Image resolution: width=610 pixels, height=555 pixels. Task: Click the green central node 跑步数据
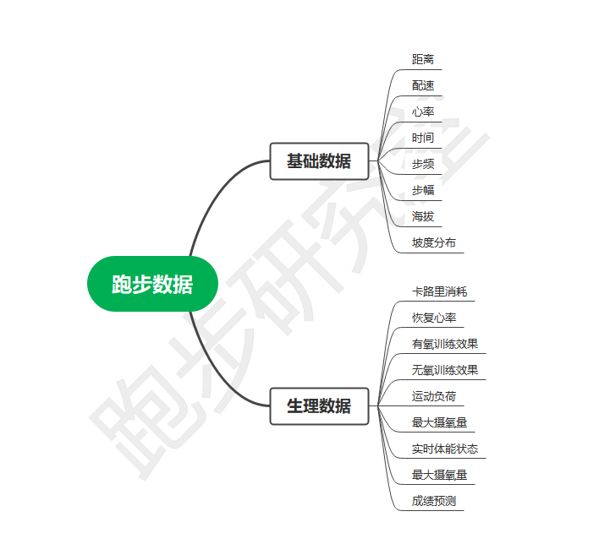tap(152, 284)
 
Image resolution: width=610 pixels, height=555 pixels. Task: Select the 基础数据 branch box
tap(319, 161)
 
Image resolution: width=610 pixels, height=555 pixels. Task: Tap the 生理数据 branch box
tap(319, 405)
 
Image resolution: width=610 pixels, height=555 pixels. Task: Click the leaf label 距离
tap(423, 59)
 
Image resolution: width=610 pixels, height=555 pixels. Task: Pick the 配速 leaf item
tap(423, 85)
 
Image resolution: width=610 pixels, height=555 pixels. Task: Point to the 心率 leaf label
tap(423, 112)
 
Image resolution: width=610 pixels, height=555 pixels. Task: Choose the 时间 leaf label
tap(423, 138)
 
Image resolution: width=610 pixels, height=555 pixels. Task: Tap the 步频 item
tap(423, 164)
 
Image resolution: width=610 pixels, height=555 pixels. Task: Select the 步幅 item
tap(423, 190)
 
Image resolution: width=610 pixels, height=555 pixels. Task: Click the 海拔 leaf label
tap(423, 216)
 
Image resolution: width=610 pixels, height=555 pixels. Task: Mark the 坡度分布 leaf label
tap(434, 242)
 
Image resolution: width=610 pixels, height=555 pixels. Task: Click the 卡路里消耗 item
tap(439, 291)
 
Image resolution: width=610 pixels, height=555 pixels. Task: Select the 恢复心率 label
tap(434, 318)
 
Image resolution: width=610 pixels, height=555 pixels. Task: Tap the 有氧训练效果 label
tap(445, 344)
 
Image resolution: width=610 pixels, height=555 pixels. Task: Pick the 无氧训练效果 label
tap(445, 370)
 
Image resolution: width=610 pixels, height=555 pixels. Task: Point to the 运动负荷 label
tap(434, 396)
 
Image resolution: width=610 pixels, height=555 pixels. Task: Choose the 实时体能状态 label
tap(445, 449)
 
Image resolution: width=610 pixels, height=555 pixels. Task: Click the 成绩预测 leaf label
tap(434, 501)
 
